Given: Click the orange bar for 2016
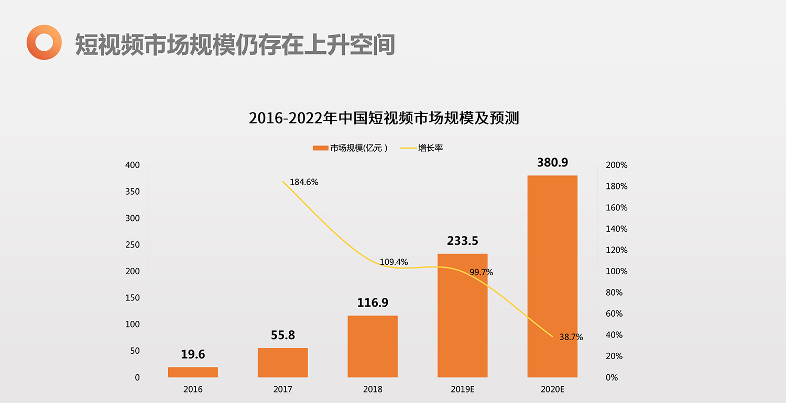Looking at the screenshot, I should click(x=193, y=372).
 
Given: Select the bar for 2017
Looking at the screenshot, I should click(x=282, y=362).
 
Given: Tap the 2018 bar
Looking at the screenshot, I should click(x=373, y=346).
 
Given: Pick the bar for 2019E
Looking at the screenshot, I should click(x=462, y=315).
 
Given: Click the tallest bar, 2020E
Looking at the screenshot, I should click(x=552, y=276).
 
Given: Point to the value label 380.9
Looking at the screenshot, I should click(x=552, y=162).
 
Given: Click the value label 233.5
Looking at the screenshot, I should click(x=462, y=241).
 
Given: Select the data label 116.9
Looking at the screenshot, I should click(x=373, y=303).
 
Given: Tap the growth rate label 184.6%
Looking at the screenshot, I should click(x=304, y=182).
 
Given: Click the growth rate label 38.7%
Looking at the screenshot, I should click(x=571, y=338).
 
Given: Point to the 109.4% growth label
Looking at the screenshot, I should click(x=394, y=262).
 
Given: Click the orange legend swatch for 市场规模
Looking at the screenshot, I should click(x=320, y=148).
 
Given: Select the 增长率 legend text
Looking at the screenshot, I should click(x=431, y=148).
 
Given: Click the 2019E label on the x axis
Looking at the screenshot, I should click(x=462, y=389).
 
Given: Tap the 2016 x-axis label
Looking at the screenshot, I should click(x=193, y=389).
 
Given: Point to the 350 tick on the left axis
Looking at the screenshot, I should click(x=133, y=192).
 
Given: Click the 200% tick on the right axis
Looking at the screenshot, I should click(x=616, y=165).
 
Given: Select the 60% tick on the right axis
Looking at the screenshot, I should click(x=614, y=314).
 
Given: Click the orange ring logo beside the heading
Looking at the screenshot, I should click(x=44, y=42).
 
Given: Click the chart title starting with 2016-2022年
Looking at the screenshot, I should click(x=384, y=118).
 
